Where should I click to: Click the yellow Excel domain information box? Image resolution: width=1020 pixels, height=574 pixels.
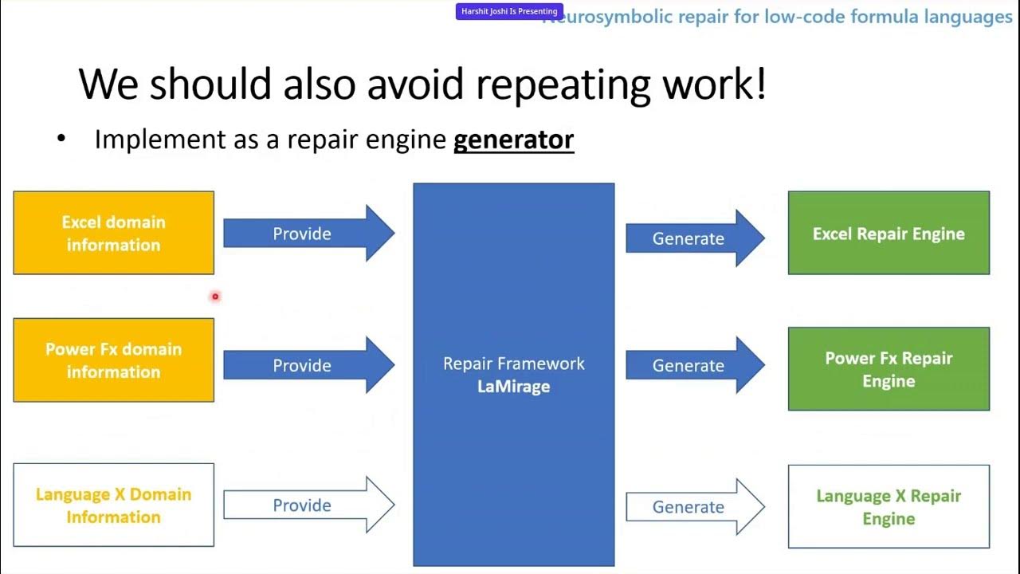113,233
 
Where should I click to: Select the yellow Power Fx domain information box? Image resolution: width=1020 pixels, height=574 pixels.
113,360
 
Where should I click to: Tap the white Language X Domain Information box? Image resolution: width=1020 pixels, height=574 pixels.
113,505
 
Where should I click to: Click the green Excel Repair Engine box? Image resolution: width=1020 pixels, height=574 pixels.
889,234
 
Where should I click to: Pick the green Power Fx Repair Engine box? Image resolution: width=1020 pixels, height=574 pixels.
889,369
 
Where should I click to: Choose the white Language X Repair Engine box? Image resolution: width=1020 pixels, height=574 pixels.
889,507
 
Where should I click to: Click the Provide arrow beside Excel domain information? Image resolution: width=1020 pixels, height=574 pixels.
308,234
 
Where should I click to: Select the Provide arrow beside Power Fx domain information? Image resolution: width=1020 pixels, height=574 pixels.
308,365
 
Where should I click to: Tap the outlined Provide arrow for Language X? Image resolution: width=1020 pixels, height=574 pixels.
308,505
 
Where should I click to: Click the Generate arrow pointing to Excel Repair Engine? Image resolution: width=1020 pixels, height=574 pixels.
693,238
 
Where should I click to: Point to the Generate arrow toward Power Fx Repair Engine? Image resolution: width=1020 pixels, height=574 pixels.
693,365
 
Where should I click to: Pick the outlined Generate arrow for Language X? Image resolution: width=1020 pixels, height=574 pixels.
693,507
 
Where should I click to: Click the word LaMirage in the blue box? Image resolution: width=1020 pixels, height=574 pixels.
513,387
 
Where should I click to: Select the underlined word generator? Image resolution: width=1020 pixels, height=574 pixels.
513,140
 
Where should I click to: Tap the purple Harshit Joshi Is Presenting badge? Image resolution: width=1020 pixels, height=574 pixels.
509,11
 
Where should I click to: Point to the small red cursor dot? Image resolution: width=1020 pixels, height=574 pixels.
215,297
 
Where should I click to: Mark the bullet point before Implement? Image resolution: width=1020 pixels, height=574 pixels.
61,140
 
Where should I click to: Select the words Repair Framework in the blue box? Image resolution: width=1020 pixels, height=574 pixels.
513,364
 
